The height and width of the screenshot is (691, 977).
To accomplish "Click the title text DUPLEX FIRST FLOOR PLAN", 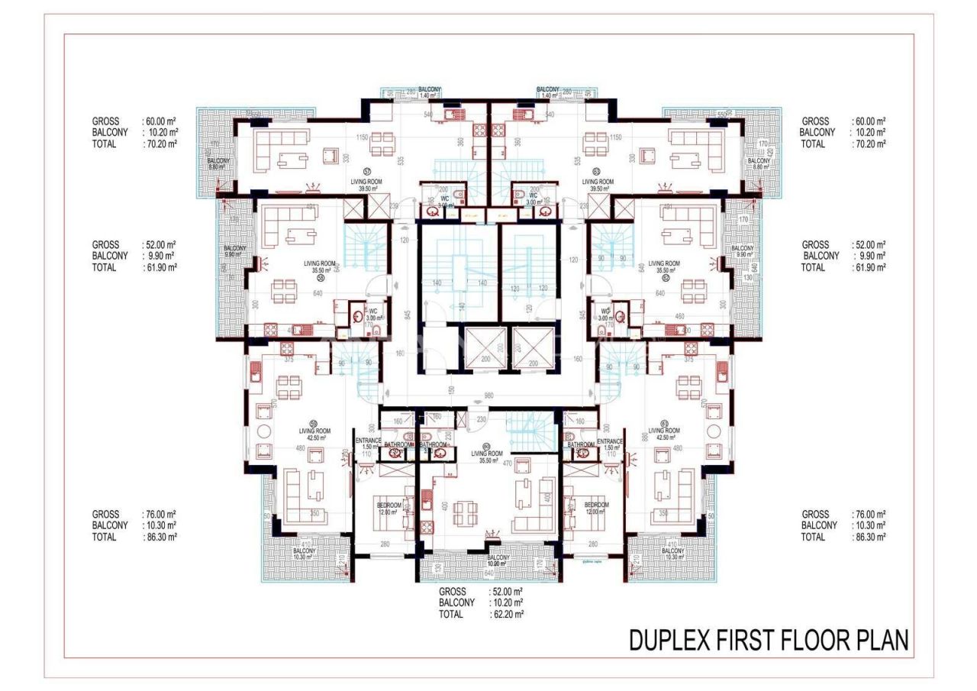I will click(x=769, y=641).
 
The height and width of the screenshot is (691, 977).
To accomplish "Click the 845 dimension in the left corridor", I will click(x=409, y=314).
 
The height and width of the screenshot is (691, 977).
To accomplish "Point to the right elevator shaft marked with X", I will click(x=530, y=348).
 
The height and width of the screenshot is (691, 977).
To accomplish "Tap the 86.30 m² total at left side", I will click(x=160, y=537).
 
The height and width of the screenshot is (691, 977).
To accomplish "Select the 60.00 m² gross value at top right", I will click(x=870, y=121).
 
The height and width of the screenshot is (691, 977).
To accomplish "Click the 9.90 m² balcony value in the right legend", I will click(x=869, y=256).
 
